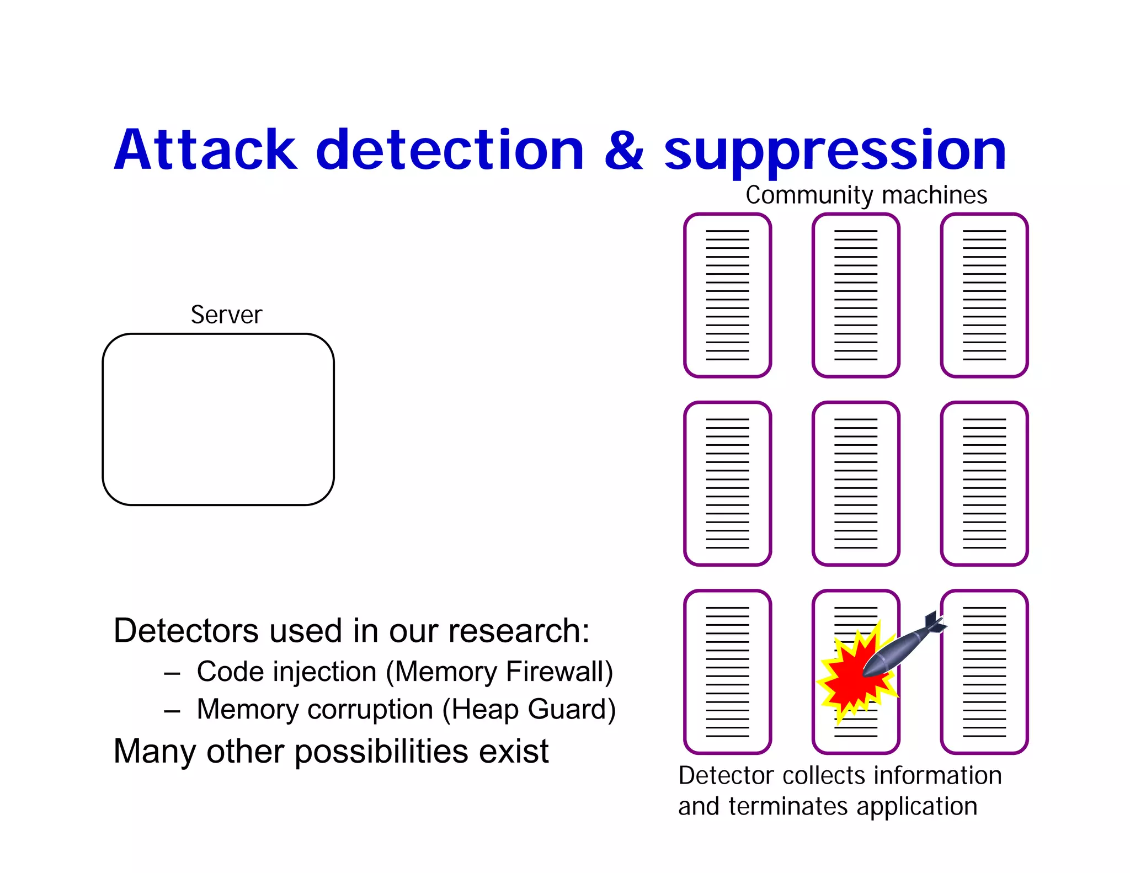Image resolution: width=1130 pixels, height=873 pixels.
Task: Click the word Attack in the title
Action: point(205,150)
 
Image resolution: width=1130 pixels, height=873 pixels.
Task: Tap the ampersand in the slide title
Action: point(623,150)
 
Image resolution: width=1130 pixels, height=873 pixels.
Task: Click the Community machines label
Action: point(866,195)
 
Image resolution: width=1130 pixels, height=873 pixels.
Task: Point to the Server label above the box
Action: point(226,315)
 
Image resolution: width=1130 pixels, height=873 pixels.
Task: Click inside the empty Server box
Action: point(218,419)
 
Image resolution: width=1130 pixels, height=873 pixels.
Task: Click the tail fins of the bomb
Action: point(934,622)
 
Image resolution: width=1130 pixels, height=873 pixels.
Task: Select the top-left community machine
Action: point(727,295)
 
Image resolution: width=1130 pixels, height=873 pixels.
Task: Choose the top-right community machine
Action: point(984,295)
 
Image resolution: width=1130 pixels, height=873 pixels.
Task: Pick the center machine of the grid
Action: point(856,483)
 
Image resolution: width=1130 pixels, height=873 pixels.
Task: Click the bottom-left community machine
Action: point(727,672)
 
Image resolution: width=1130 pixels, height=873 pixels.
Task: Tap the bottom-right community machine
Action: point(984,672)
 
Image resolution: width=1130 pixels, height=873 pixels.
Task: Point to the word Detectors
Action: point(185,631)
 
